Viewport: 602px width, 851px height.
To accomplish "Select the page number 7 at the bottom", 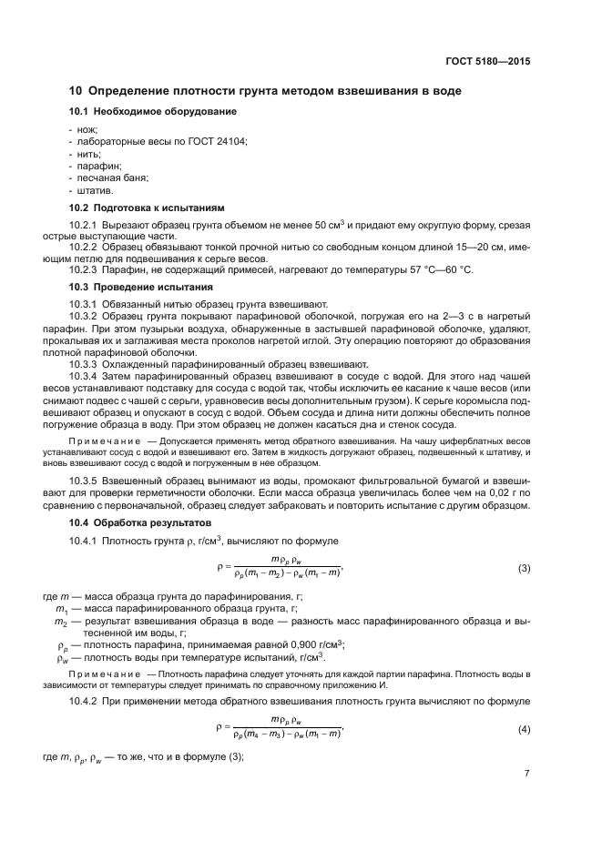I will coord(526,774).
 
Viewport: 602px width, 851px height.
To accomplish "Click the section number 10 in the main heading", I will coord(77,91).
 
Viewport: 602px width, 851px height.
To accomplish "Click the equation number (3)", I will coord(524,569).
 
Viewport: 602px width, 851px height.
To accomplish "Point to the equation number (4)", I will coord(524,730).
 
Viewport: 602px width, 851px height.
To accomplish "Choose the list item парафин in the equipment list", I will coord(93,167).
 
